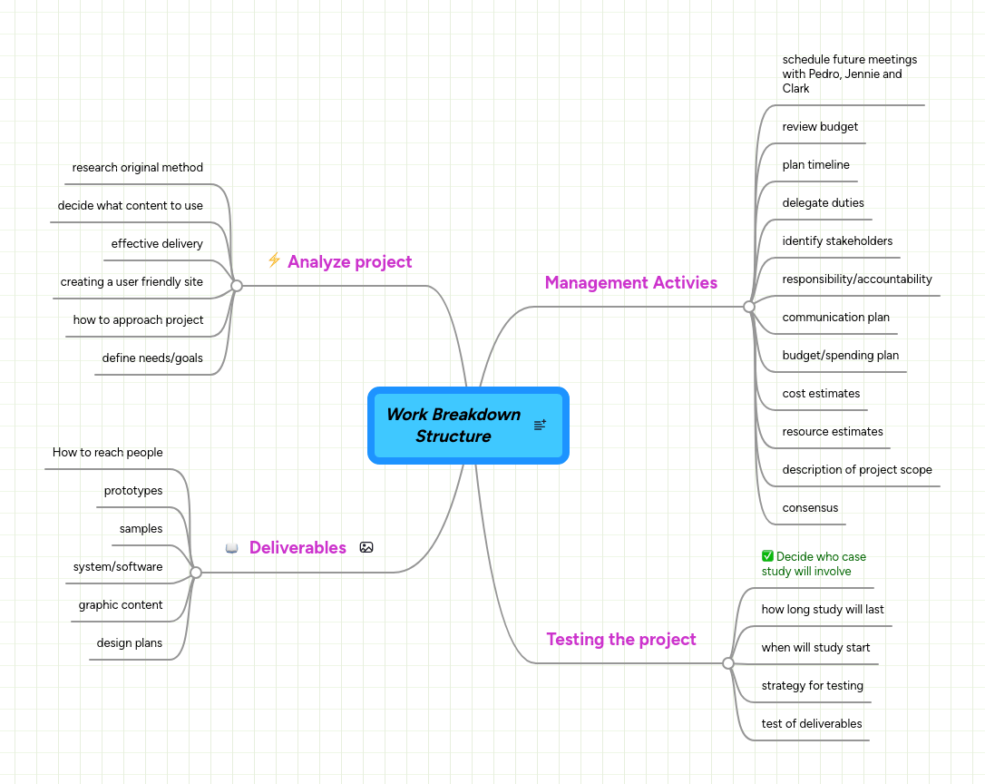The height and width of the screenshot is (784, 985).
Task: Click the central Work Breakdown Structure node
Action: (453, 425)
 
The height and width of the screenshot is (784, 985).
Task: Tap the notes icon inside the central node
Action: (540, 425)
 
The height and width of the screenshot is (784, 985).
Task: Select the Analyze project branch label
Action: (349, 262)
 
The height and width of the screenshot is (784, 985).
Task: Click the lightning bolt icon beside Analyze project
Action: (274, 260)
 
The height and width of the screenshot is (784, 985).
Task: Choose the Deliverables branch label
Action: (297, 548)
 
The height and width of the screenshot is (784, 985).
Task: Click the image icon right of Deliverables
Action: (366, 547)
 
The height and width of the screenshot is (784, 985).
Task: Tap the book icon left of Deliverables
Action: (232, 548)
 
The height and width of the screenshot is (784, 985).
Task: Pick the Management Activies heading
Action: (630, 283)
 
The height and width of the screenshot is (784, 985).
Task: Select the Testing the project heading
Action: (621, 640)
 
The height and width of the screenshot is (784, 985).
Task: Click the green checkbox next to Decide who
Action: (767, 556)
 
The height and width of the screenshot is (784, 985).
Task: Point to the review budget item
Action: (820, 127)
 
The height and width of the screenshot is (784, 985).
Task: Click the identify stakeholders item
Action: (837, 241)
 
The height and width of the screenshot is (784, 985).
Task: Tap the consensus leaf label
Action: (810, 508)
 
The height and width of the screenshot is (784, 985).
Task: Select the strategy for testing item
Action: (812, 686)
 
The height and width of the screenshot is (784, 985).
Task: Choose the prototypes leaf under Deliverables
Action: (133, 491)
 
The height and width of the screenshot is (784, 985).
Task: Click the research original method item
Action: (138, 168)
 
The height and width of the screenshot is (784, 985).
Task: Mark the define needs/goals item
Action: (152, 358)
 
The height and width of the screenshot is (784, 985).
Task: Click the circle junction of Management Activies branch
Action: (749, 307)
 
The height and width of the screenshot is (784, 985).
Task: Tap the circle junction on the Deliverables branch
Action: (196, 573)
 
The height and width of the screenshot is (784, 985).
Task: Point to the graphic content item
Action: (121, 605)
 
